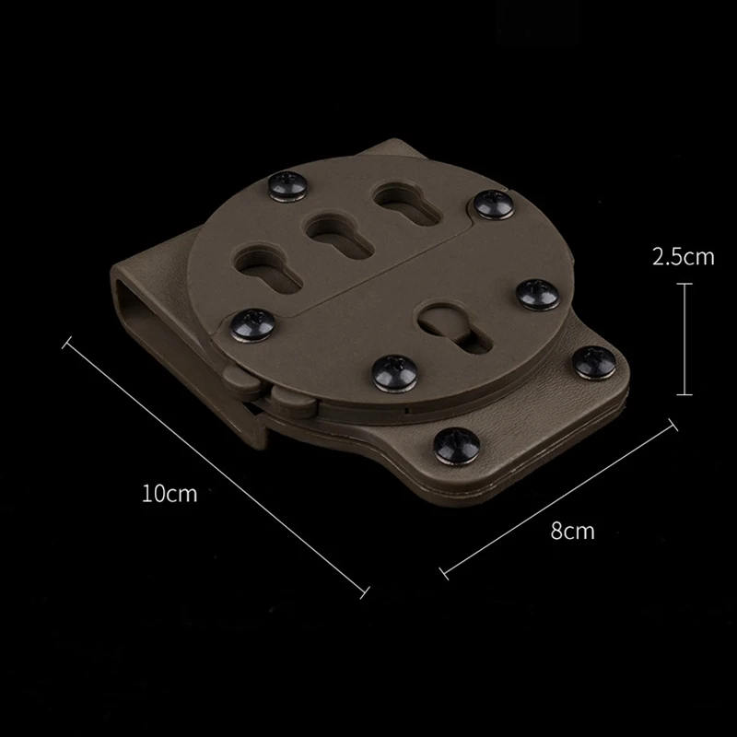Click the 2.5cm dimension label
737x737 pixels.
pyautogui.click(x=683, y=257)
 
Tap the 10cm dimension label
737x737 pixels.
pyautogui.click(x=170, y=493)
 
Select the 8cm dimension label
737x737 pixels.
pyautogui.click(x=573, y=531)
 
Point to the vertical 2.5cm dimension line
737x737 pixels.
pyautogui.click(x=684, y=338)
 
